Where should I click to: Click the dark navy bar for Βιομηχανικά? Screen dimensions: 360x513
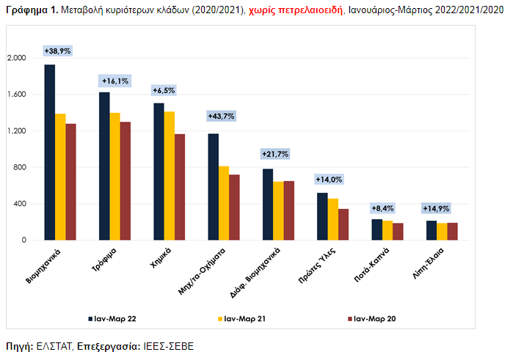pyautogui.click(x=49, y=153)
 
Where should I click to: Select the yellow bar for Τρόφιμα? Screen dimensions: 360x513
pyautogui.click(x=114, y=176)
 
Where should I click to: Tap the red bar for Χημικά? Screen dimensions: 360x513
pyautogui.click(x=180, y=187)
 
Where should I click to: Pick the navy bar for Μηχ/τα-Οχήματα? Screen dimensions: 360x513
pyautogui.click(x=213, y=187)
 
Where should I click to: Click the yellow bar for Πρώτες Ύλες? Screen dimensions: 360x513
pyautogui.click(x=333, y=219)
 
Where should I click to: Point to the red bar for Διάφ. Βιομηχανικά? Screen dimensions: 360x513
pyautogui.click(x=289, y=210)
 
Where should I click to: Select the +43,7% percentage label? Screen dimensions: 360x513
pyautogui.click(x=220, y=117)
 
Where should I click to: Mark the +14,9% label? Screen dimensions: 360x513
pyautogui.click(x=436, y=208)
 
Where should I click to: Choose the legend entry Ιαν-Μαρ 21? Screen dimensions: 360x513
pyautogui.click(x=245, y=319)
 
